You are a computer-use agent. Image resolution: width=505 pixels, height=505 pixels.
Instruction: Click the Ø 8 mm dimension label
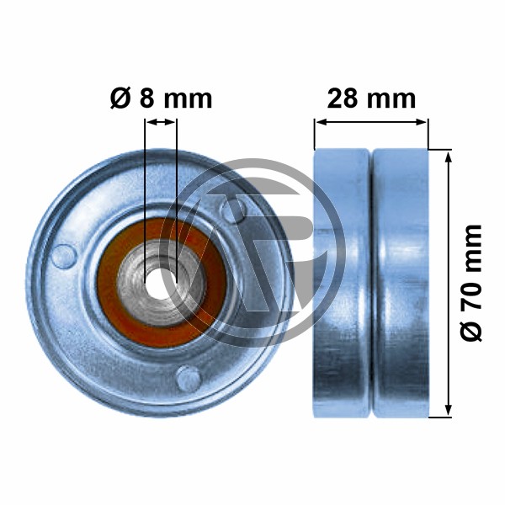pos(161,98)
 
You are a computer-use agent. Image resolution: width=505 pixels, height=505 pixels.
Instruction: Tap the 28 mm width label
pos(371,98)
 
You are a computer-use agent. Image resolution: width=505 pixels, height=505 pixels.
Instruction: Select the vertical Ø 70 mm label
pos(470,283)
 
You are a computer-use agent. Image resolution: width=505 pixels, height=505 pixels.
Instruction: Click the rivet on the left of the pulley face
pos(64,257)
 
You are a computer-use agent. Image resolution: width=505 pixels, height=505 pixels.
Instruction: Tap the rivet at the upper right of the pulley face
pos(234,210)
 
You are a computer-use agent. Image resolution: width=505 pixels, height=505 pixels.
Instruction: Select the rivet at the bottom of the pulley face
pos(189,378)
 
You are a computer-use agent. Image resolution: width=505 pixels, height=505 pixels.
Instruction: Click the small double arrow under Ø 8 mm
pos(161,122)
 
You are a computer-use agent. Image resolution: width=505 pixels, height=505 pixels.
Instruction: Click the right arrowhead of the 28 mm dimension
pos(422,122)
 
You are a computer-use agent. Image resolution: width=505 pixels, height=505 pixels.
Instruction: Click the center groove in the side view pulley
pos(371,284)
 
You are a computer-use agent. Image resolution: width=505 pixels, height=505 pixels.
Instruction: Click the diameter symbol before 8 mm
pos(120,98)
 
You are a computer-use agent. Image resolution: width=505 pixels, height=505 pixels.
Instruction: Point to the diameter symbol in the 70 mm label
pos(470,332)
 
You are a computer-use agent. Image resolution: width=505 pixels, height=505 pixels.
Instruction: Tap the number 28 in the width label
pos(342,98)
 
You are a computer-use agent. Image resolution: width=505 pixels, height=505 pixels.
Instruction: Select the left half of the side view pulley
pos(342,284)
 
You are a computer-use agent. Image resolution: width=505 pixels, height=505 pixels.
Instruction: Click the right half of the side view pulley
pos(401,284)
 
